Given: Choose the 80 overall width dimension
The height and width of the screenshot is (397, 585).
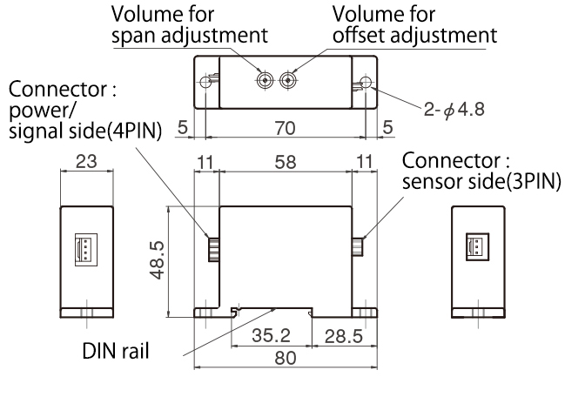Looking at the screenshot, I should click(285, 356).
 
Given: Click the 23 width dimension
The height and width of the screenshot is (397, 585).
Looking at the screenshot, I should click(85, 162).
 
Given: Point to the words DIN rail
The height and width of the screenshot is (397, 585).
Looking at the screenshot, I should click(117, 353).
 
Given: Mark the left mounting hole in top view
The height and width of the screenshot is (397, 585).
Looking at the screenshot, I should click(205, 83).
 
